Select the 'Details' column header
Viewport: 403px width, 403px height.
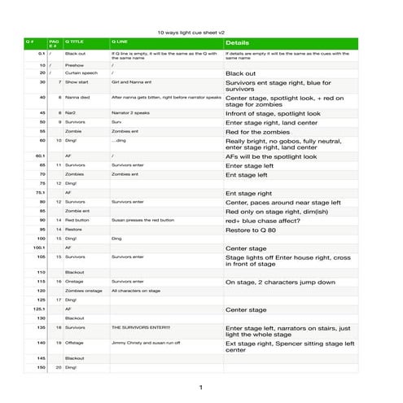[x=237, y=42]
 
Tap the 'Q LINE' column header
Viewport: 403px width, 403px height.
[x=120, y=41]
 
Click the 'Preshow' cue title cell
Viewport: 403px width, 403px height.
[x=74, y=64]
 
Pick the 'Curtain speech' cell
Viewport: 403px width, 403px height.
[x=81, y=72]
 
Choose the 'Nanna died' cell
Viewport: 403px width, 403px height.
[x=77, y=97]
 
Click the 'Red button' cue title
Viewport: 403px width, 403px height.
[x=77, y=220]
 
